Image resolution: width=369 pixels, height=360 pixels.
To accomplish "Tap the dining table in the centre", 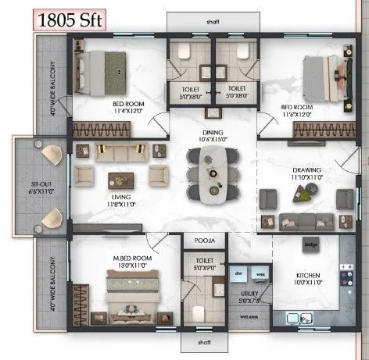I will (x=209, y=173).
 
